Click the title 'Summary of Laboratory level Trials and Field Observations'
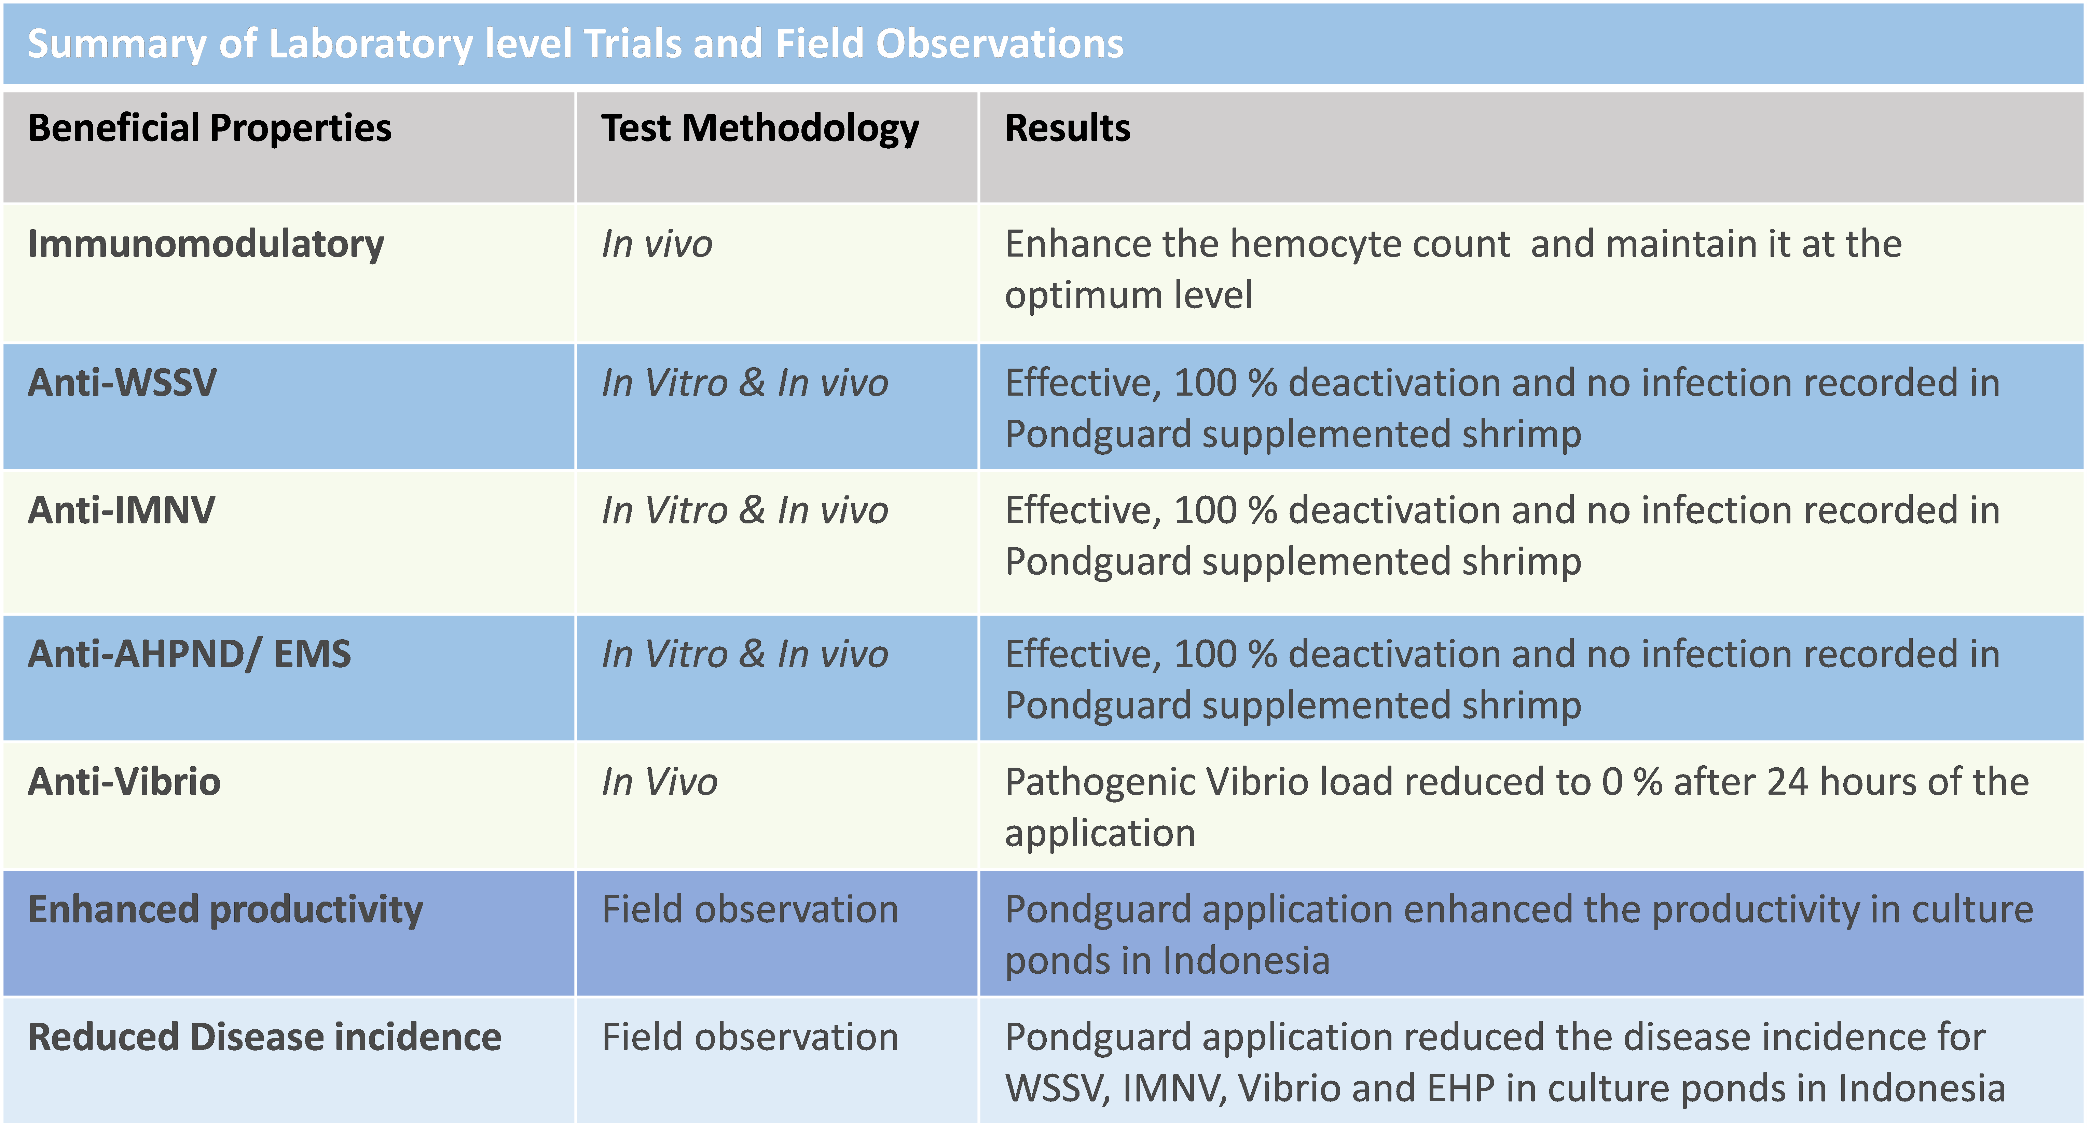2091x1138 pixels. (576, 44)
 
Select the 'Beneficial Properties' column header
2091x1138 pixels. (209, 128)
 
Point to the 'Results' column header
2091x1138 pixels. (1068, 128)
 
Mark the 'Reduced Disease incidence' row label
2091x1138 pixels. (265, 1037)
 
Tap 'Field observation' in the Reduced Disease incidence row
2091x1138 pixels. (750, 1037)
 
